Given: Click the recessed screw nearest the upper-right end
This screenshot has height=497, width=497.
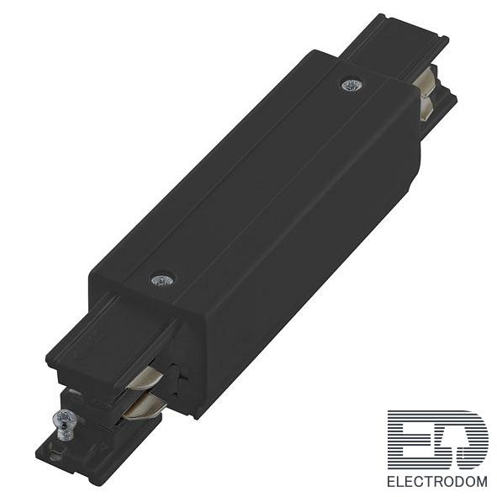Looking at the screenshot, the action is click(x=352, y=85).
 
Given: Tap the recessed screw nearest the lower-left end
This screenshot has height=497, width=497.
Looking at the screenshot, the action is click(x=162, y=280).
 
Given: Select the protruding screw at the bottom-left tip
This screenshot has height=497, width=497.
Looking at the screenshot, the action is click(x=66, y=425).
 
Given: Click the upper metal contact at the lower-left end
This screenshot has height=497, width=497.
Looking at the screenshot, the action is click(x=145, y=378).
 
